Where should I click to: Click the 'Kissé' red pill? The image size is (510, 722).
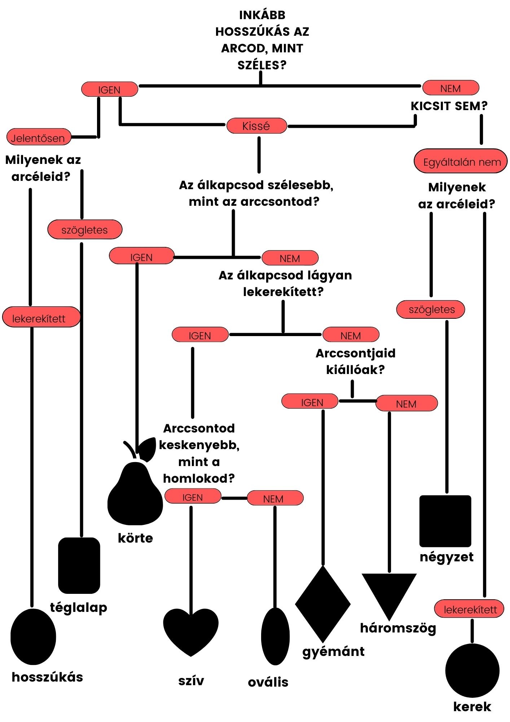click(256, 126)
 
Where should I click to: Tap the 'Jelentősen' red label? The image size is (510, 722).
click(39, 137)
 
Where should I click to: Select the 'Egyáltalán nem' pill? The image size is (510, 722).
click(461, 161)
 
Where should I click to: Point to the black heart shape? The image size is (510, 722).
click(191, 632)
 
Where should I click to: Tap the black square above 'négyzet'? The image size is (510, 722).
click(445, 521)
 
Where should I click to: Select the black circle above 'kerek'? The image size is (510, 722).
click(472, 670)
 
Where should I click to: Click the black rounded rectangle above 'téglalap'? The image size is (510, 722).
click(79, 566)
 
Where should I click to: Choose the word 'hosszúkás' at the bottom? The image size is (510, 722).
click(48, 677)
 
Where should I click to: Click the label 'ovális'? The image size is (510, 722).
click(268, 682)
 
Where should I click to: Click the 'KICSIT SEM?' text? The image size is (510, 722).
click(449, 106)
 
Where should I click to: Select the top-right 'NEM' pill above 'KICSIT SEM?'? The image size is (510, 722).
click(451, 88)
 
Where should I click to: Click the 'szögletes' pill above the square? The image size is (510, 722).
click(431, 309)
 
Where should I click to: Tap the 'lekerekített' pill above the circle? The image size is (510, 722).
click(469, 609)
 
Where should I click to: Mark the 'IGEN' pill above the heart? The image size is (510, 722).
click(193, 496)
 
